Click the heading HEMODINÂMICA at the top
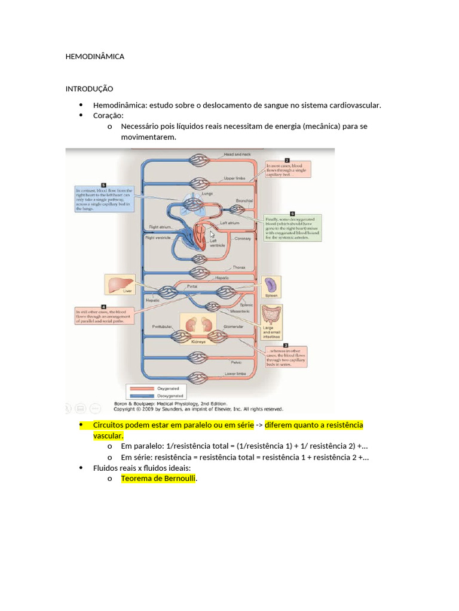[95, 57]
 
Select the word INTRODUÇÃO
[89, 89]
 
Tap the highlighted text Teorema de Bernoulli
[158, 479]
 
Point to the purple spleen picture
[272, 285]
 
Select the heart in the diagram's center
[201, 235]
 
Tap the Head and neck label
[238, 155]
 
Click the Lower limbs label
[235, 374]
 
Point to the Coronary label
[243, 239]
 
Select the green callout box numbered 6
[293, 227]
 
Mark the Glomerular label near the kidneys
[233, 327]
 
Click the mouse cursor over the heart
[212, 234]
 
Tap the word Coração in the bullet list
[108, 116]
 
